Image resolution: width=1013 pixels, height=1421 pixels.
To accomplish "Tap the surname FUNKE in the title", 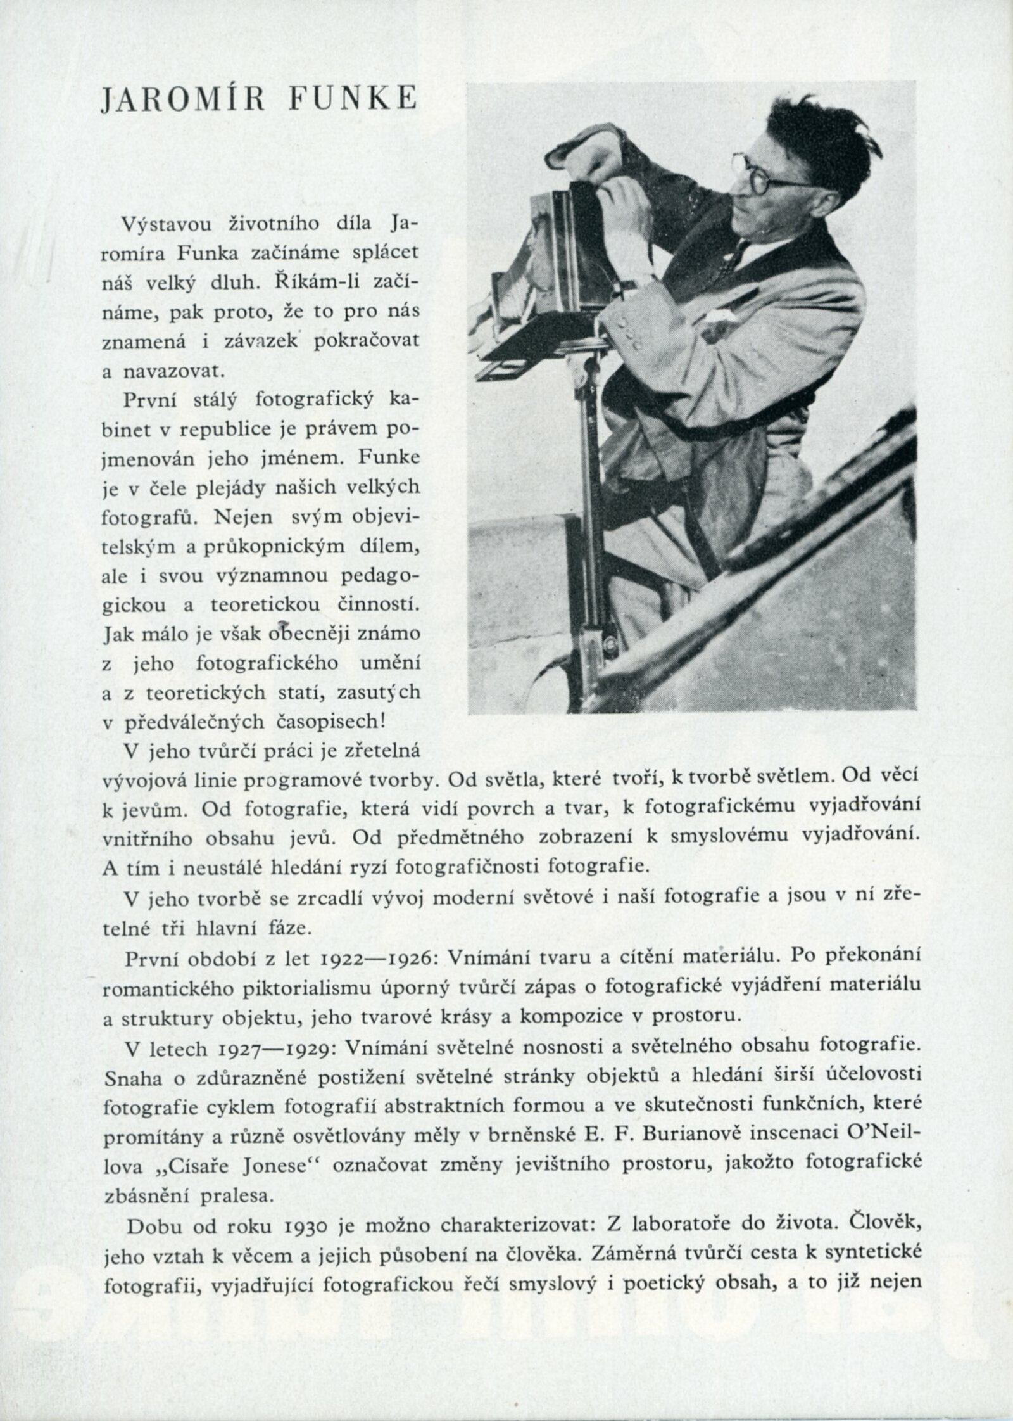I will (361, 100).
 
